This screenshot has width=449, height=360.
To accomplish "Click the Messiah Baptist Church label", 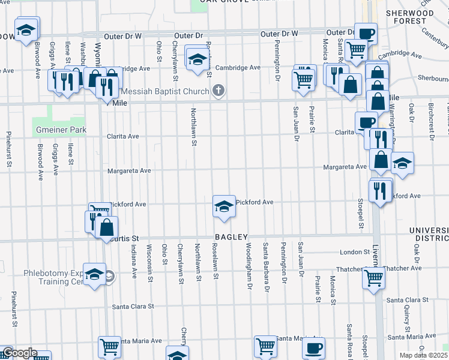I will [x=165, y=92].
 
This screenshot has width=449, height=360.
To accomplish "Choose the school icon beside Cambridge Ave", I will [x=197, y=59].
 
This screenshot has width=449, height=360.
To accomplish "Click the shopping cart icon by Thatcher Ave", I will [x=373, y=278].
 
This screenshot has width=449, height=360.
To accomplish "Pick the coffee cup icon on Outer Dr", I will [x=366, y=34].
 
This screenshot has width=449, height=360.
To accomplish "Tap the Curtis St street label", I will [x=124, y=239].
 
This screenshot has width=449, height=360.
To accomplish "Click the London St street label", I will [x=354, y=252].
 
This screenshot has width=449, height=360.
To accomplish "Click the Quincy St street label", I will [x=406, y=314].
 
